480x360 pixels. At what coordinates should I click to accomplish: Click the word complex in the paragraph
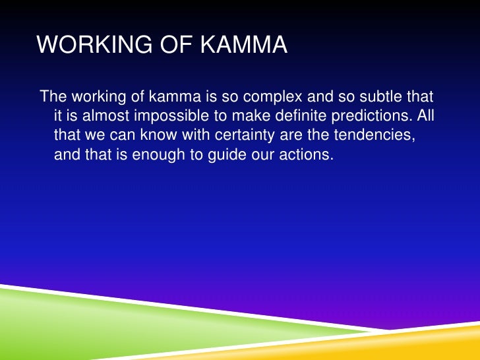click(x=268, y=97)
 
